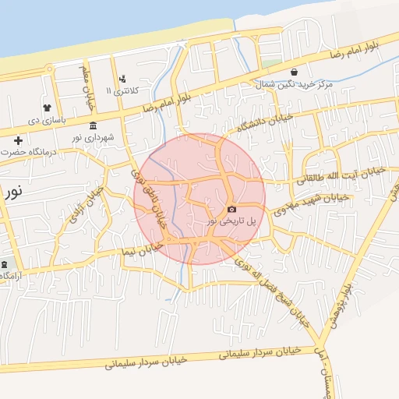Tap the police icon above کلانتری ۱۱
point(122,79)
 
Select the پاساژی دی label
point(45,121)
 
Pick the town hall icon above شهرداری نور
point(94,125)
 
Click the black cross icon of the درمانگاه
point(18,140)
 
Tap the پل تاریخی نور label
point(231,222)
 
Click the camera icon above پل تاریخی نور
point(231,210)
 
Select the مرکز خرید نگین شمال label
point(312,83)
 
